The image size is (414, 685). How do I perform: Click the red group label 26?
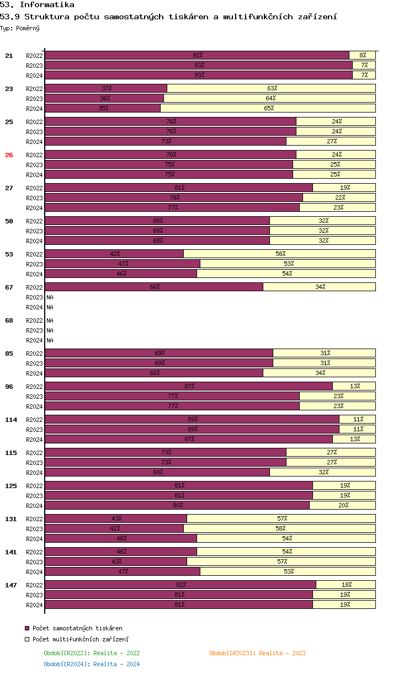(x=9, y=155)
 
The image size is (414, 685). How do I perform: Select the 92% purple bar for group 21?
(x=197, y=55)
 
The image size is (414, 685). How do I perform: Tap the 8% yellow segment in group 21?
(x=362, y=55)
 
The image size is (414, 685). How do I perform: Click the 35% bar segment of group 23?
(x=103, y=108)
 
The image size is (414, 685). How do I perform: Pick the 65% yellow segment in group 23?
(x=268, y=108)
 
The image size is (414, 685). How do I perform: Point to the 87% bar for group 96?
(x=189, y=386)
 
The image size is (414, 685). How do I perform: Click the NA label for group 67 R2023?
(x=50, y=297)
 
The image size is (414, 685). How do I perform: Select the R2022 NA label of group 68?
(x=50, y=320)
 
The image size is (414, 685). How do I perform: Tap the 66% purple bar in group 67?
(x=154, y=287)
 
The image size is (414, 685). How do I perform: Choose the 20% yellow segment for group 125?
(x=342, y=505)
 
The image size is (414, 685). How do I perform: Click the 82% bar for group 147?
(x=181, y=585)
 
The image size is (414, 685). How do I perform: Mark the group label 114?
(x=10, y=420)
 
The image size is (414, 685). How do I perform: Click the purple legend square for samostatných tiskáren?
(x=27, y=628)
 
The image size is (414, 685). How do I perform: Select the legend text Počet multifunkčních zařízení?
(x=81, y=639)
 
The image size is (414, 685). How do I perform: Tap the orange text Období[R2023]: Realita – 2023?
(x=257, y=653)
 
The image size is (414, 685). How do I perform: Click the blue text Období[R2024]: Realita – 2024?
(x=92, y=664)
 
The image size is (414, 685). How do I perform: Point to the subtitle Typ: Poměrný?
(x=20, y=28)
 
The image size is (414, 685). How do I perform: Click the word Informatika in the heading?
(x=47, y=4)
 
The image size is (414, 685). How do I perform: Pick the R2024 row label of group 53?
(x=34, y=274)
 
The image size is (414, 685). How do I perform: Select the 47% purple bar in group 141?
(x=123, y=571)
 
